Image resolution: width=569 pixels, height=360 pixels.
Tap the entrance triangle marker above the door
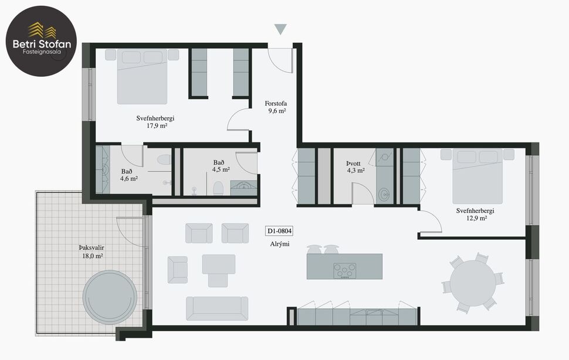click(281, 29)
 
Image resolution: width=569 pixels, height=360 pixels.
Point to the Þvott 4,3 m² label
click(356, 167)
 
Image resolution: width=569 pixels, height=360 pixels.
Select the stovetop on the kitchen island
click(345, 271)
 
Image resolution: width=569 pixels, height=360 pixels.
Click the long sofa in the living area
click(216, 308)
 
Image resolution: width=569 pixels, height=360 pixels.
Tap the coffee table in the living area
click(219, 263)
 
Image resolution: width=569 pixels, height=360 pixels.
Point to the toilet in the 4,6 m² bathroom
click(164, 159)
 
